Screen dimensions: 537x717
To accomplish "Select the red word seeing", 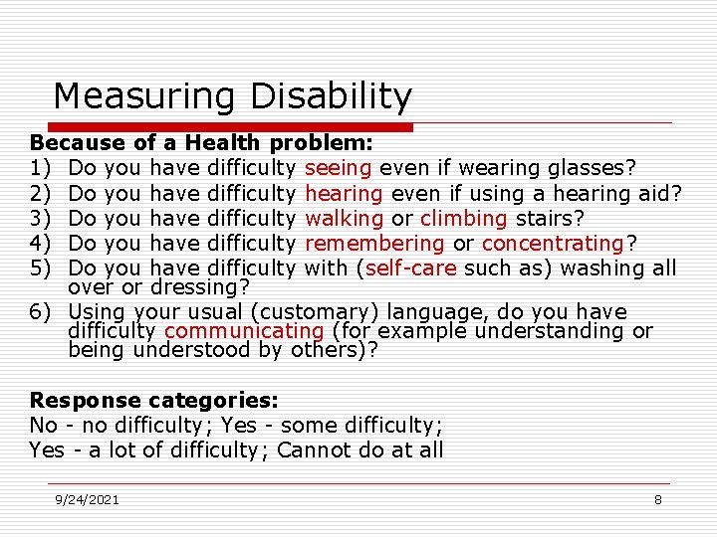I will [339, 168].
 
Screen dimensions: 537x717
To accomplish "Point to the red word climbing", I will [462, 218].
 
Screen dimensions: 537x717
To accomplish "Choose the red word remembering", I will [374, 243].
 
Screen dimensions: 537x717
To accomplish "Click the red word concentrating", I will [552, 243].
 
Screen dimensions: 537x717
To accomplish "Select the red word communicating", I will [244, 331].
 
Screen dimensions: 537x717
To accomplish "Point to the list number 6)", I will [40, 312].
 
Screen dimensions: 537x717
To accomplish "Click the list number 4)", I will [40, 243].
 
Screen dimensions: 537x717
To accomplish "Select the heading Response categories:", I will [154, 401].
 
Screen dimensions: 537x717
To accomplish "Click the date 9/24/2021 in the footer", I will [88, 500].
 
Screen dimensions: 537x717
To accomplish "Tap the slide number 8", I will [658, 500].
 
